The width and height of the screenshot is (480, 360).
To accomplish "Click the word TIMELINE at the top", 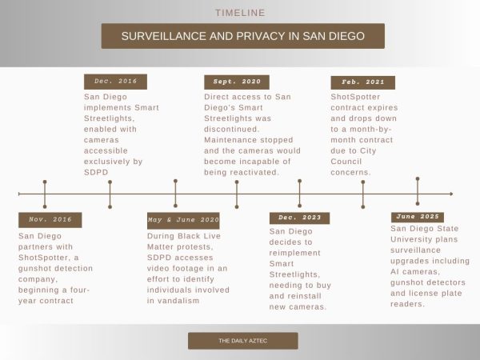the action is [x=240, y=13].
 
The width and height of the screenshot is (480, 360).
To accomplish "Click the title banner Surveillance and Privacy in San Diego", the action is [x=243, y=36].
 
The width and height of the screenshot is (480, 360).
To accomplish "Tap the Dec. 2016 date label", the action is [x=115, y=82].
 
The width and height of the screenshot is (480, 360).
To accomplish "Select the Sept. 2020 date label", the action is [x=237, y=82].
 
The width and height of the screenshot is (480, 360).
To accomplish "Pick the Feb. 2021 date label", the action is [x=362, y=82].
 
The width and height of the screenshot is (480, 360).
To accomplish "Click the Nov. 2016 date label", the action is [x=50, y=220].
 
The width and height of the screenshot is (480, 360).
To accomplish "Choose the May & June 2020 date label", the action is [x=183, y=221].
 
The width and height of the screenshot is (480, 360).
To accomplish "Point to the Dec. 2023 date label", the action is [x=299, y=218].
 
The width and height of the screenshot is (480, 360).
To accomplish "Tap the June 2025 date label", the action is [x=418, y=217].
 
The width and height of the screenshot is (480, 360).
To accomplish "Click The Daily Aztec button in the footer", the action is [x=243, y=341].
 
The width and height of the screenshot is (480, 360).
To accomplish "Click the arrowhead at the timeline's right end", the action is [x=451, y=194].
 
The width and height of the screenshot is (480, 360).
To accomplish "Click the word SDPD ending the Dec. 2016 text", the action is [x=96, y=172].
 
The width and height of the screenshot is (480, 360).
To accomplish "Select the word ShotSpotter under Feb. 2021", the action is [x=355, y=97].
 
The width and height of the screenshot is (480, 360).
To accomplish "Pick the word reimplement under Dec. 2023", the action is [x=294, y=253].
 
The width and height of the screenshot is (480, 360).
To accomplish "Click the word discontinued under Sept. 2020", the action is [x=231, y=129].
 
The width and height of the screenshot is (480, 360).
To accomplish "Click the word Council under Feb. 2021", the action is [x=346, y=162].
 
